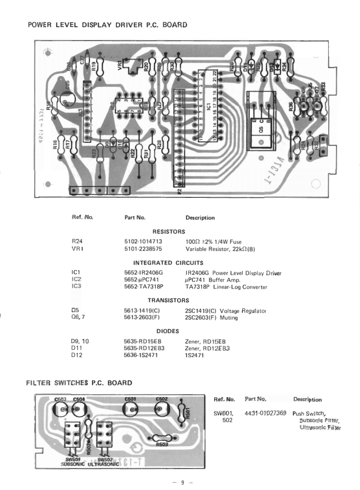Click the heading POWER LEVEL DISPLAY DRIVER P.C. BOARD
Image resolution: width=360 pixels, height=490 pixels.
[107, 25]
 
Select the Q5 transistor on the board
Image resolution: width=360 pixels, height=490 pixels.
[261, 121]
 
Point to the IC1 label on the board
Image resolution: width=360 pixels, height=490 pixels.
[209, 106]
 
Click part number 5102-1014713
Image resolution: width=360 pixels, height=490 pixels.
[143, 241]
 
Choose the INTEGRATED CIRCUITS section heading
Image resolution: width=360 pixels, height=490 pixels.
[168, 263]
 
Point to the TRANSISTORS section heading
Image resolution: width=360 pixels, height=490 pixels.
[168, 300]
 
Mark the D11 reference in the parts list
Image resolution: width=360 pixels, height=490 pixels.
[76, 348]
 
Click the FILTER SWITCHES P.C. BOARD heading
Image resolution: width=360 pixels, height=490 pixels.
[79, 383]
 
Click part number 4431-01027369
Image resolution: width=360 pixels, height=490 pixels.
[265, 412]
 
